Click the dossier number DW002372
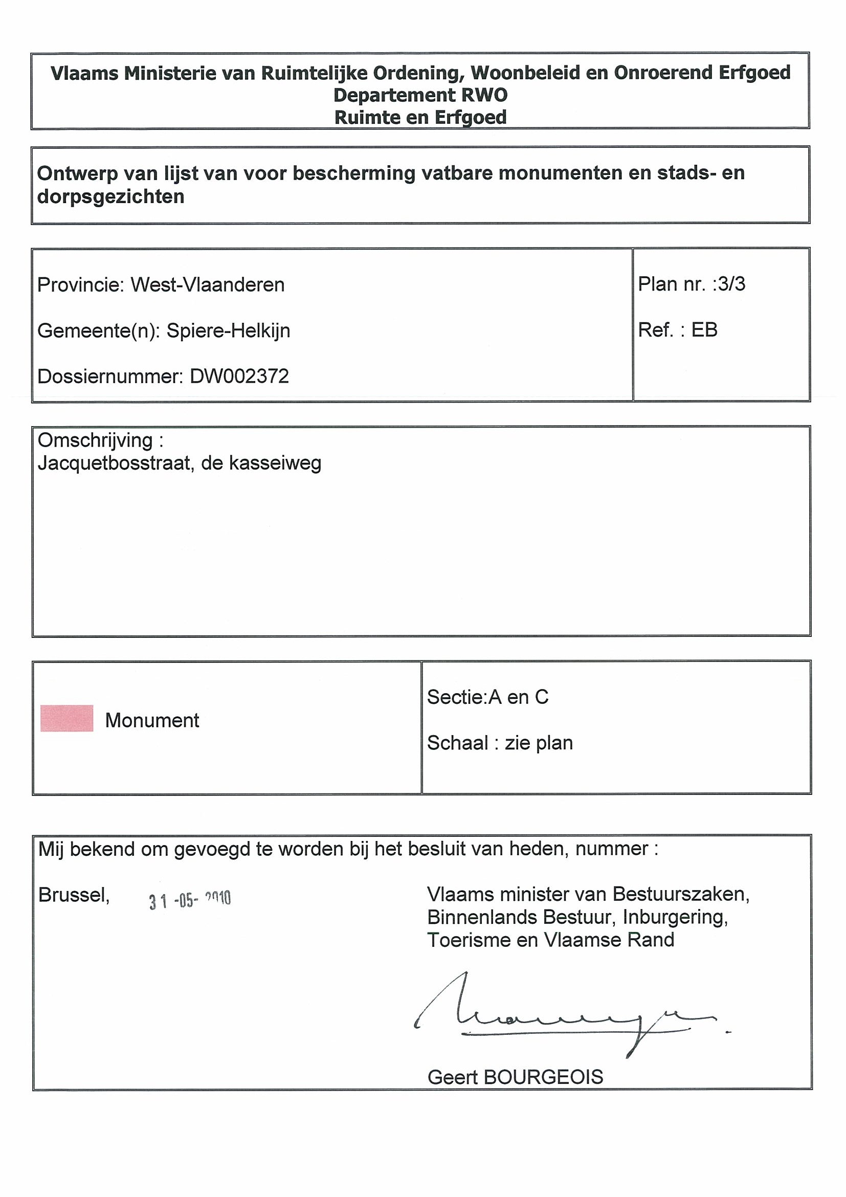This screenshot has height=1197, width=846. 239,376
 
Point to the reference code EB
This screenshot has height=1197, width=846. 704,330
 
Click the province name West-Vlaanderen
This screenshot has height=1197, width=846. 208,285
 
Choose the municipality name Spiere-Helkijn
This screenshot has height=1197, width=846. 228,331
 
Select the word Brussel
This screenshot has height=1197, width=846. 74,895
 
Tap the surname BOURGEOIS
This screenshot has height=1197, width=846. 543,1077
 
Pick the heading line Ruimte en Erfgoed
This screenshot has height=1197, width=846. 420,118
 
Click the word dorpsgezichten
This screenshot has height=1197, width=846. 111,196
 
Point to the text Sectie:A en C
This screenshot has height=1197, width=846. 487,697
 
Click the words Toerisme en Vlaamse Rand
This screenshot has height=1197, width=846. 550,940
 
